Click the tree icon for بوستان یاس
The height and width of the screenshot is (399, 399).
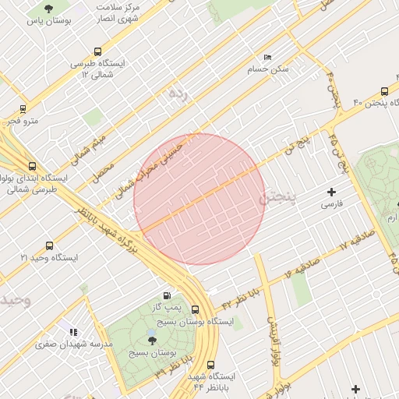49,9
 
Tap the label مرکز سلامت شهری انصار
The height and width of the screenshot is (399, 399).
118,11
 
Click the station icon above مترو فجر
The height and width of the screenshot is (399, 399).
22,109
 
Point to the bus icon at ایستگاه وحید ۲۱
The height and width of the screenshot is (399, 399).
50,245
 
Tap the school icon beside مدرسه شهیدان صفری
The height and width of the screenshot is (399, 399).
73,332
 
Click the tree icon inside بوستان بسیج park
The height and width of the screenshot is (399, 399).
152,341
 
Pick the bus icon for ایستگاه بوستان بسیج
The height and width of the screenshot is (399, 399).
195,309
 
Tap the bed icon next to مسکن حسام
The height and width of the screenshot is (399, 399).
267,58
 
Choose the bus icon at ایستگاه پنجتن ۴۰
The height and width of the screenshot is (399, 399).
384,90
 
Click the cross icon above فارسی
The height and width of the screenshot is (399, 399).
332,192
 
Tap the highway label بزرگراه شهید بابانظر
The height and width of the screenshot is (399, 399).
117,235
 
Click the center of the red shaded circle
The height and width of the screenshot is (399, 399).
199,199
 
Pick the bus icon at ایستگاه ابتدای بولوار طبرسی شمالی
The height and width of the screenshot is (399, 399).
32,166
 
